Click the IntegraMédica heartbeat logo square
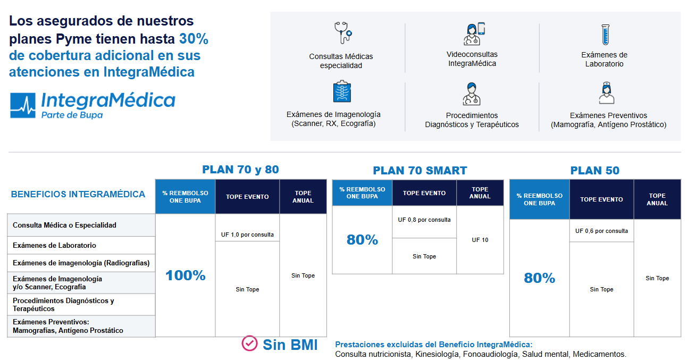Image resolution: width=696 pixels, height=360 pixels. tap(23, 105)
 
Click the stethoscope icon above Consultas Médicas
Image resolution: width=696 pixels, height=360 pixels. tap(343, 32)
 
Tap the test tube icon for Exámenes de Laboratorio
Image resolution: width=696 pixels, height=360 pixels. tap(605, 35)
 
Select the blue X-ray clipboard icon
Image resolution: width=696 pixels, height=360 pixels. tap(342, 91)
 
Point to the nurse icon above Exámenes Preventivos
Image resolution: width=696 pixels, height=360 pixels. tap(607, 93)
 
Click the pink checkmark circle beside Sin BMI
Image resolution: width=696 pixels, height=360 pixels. tap(249, 343)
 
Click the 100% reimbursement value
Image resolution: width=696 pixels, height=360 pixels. tap(185, 275)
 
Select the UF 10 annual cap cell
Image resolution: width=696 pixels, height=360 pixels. tap(480, 240)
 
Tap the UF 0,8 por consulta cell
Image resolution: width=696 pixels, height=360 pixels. tap(424, 220)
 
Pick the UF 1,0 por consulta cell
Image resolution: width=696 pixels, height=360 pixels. tap(247, 235)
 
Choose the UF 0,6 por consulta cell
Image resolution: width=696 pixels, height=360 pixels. tap(601, 231)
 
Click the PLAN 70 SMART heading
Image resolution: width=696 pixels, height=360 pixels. tap(420, 171)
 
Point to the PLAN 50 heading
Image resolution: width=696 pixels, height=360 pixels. tap(594, 171)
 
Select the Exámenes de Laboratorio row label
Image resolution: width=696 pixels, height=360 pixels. tap(54, 245)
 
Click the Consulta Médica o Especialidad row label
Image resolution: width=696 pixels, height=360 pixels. tap(64, 225)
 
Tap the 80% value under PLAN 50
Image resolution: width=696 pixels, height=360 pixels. tap(539, 278)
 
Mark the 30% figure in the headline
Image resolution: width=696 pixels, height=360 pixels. tap(194, 39)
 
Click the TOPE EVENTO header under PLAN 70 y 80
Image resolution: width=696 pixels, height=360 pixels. tap(247, 197)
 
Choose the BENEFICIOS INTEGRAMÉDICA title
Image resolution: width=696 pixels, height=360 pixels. tap(78, 195)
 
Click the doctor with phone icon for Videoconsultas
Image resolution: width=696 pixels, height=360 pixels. tap(474, 34)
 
